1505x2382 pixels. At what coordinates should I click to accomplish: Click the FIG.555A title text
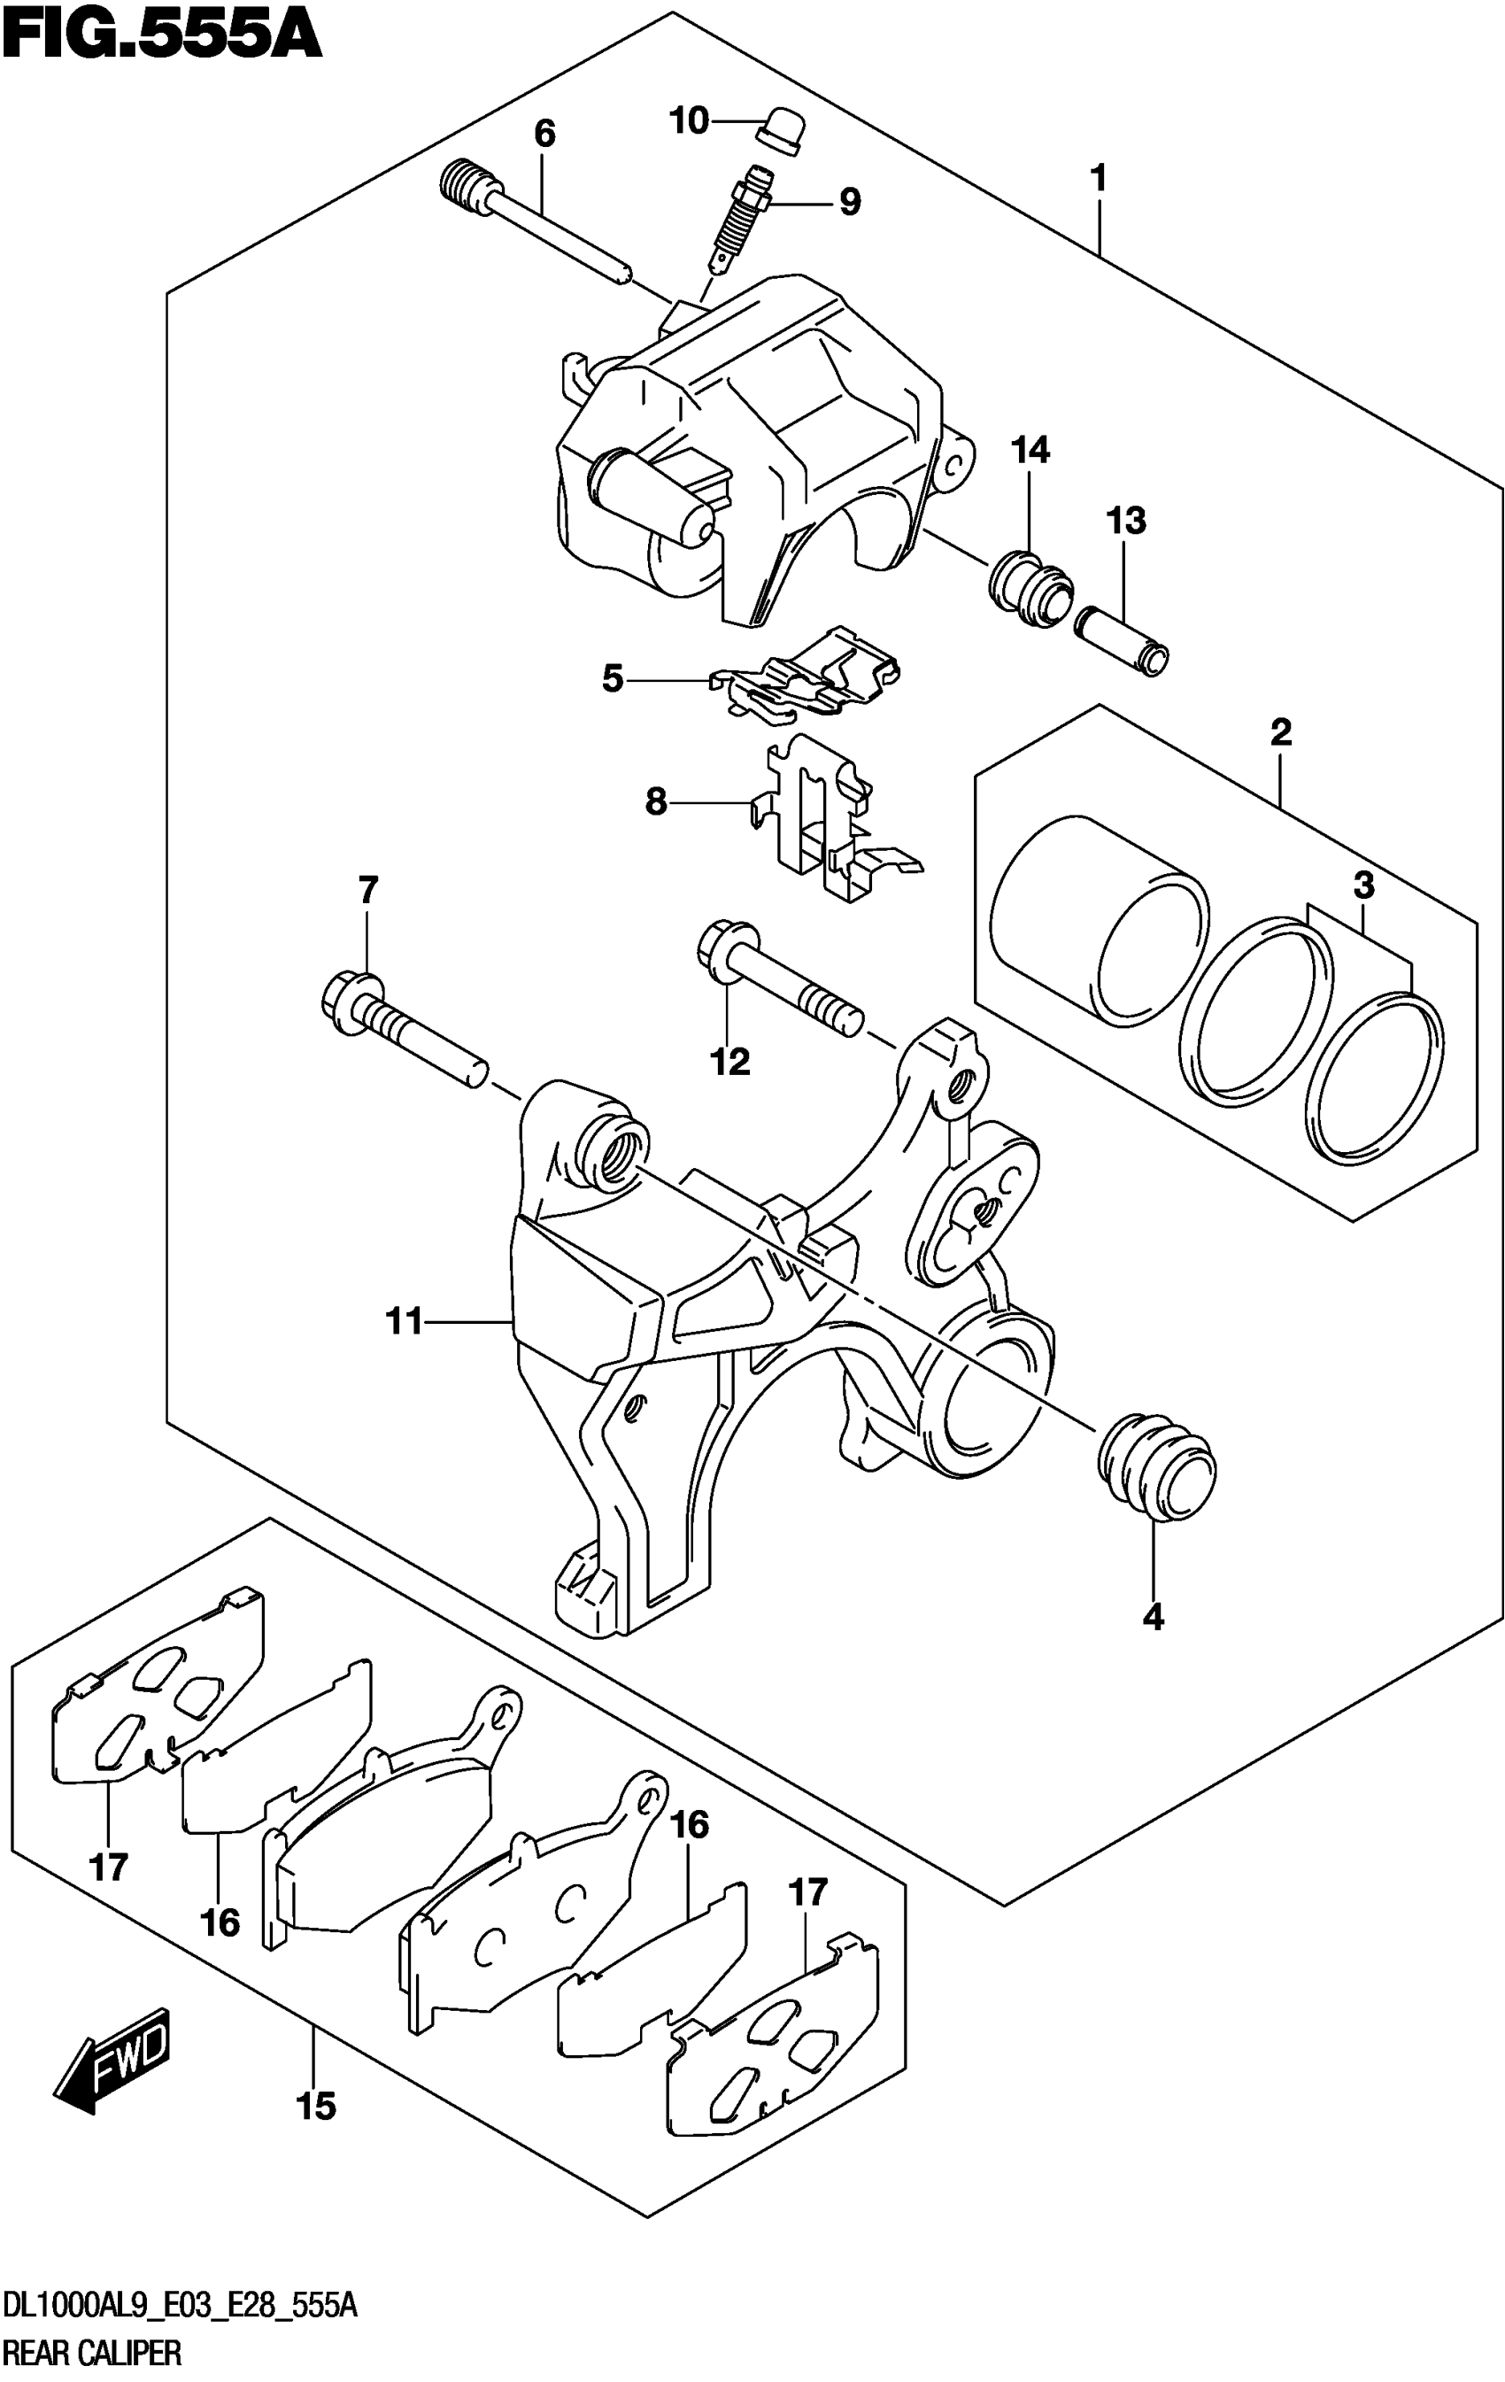(x=161, y=35)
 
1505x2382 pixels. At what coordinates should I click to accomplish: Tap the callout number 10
(x=690, y=120)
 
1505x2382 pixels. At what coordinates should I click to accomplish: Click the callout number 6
(x=544, y=134)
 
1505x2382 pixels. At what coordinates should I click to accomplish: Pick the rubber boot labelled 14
(x=1030, y=592)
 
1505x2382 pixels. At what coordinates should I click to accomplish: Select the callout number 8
(x=656, y=801)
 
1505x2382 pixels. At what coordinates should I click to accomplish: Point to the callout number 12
(x=729, y=1062)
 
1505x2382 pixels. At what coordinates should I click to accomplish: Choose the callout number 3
(x=1363, y=886)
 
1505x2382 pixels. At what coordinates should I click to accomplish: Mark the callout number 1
(x=1097, y=179)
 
